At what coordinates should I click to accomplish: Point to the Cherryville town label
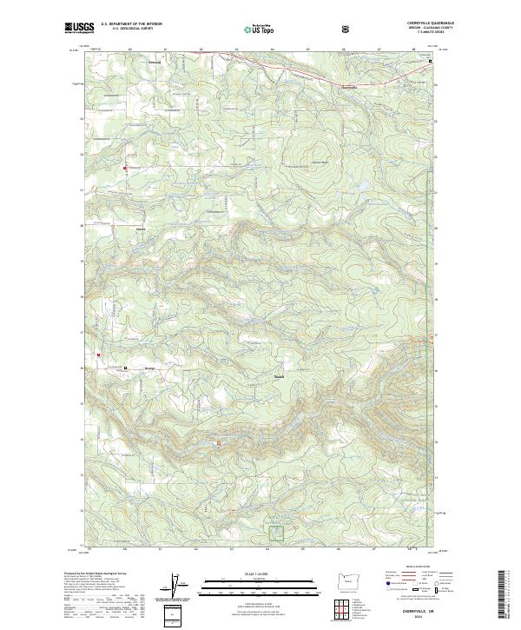[x=346, y=86]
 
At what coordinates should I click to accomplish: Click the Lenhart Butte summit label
[x=319, y=163]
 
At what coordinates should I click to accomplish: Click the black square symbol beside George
[x=125, y=368]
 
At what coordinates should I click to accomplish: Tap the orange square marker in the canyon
[x=218, y=444]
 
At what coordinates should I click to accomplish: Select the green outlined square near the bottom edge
[x=277, y=532]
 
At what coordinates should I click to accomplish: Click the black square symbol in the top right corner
[x=428, y=63]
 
